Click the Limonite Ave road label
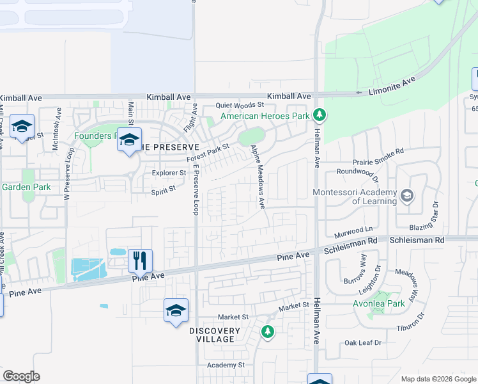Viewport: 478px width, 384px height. pyautogui.click(x=392, y=86)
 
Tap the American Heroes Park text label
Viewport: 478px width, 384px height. pyautogui.click(x=265, y=116)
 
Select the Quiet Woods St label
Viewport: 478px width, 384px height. pyautogui.click(x=240, y=105)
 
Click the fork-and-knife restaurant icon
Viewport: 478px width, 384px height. pyautogui.click(x=141, y=260)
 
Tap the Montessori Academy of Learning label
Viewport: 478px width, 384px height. pyautogui.click(x=353, y=196)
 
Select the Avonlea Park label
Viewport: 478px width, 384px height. pyautogui.click(x=380, y=303)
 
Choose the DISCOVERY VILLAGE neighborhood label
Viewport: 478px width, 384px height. pyautogui.click(x=215, y=335)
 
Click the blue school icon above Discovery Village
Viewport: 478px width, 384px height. pyautogui.click(x=176, y=310)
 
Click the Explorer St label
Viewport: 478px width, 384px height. pyautogui.click(x=169, y=173)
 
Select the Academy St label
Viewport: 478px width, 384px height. pyautogui.click(x=226, y=365)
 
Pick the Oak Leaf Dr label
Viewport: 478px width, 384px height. pyautogui.click(x=362, y=343)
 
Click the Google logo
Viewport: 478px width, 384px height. pyautogui.click(x=21, y=376)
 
